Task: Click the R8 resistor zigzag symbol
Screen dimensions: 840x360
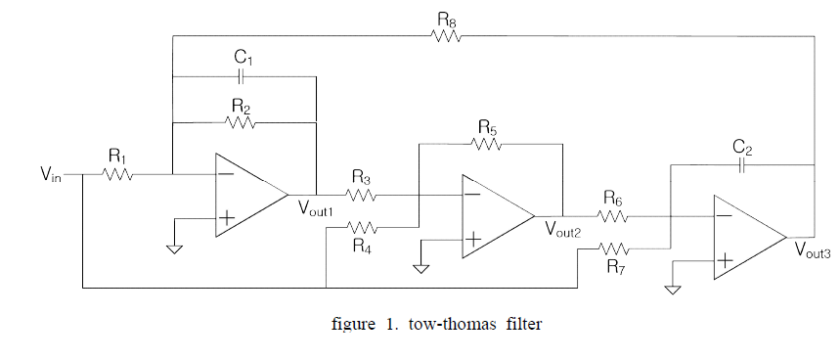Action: coord(446,35)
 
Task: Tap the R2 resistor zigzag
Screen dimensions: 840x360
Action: coord(241,123)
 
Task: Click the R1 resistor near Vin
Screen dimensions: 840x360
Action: coord(118,174)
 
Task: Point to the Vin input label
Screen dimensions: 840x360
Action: coord(52,175)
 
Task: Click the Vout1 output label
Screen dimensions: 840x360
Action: coord(316,208)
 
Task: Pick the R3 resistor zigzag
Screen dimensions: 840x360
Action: coord(362,195)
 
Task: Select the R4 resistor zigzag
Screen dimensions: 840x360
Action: coord(362,228)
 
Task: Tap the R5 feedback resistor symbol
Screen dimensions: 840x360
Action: coord(486,144)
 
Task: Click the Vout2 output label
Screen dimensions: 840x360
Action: coord(563,229)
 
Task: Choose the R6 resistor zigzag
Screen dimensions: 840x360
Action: coord(612,216)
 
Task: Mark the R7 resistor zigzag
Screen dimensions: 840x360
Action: coord(614,248)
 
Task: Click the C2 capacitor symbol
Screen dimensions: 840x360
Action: coord(742,165)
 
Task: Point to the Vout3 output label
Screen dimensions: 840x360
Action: coord(813,249)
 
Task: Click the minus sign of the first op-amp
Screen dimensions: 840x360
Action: coord(226,173)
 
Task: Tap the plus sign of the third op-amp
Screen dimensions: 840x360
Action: coord(725,261)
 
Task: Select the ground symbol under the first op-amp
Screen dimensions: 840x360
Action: coord(175,248)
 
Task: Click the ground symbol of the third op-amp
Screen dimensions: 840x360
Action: coord(673,290)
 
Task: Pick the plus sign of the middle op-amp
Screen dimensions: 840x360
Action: coord(472,239)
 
